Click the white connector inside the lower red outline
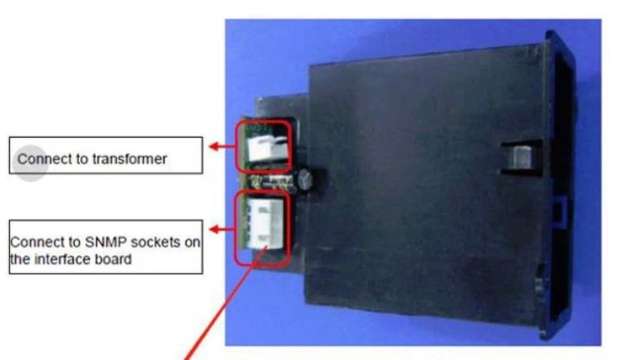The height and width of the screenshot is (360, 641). point(264,225)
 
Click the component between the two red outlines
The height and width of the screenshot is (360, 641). point(272,181)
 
